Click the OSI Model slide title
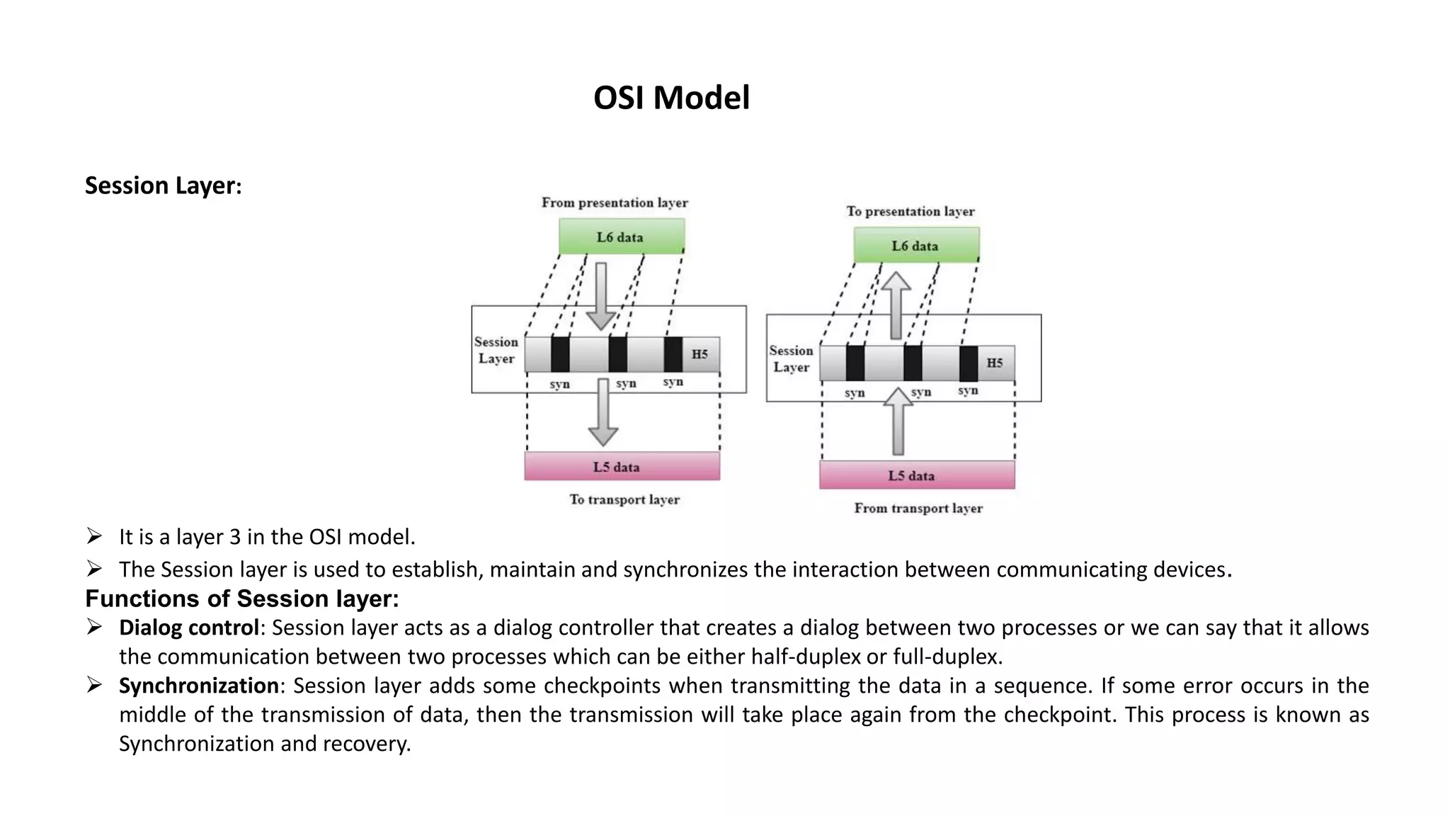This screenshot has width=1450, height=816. (670, 98)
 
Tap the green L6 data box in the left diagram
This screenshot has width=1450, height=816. (621, 237)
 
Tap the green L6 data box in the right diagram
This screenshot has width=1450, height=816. (915, 246)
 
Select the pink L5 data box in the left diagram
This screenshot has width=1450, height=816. (622, 467)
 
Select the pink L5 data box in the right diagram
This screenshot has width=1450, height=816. (916, 475)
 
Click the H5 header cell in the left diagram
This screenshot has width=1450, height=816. (700, 354)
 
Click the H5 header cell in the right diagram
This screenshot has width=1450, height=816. (995, 363)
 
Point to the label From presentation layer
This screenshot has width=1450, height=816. (615, 203)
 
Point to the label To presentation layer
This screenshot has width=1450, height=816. (910, 211)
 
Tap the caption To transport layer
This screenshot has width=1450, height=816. (624, 499)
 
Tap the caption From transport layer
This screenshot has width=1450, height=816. (918, 508)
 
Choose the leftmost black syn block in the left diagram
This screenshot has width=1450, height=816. (560, 354)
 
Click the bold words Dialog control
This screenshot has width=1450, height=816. (188, 628)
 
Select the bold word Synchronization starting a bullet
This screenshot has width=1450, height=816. (198, 686)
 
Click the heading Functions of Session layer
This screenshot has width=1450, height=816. (241, 599)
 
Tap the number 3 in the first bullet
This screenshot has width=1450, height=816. (235, 537)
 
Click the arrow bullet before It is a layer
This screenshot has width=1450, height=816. (94, 536)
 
